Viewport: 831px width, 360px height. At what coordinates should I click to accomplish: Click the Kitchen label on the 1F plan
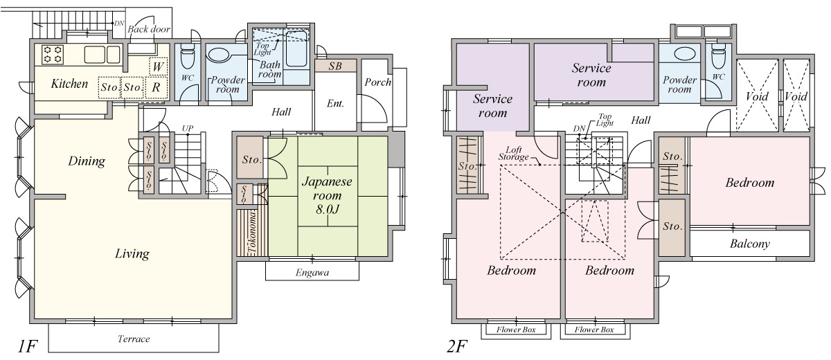pyautogui.click(x=70, y=84)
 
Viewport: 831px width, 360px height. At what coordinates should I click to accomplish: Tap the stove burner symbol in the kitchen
pyautogui.click(x=53, y=54)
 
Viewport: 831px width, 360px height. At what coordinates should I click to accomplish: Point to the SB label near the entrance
pyautogui.click(x=335, y=66)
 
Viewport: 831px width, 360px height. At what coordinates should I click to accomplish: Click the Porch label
pyautogui.click(x=377, y=82)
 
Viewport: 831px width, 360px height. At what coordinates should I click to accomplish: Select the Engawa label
pyautogui.click(x=312, y=273)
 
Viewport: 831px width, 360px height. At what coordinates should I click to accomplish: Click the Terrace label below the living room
pyautogui.click(x=134, y=339)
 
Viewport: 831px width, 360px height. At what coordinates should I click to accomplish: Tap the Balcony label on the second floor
pyautogui.click(x=750, y=244)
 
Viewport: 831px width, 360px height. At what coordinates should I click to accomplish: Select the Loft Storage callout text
pyautogui.click(x=514, y=153)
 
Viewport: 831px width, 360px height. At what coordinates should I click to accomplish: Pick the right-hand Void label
pyautogui.click(x=797, y=97)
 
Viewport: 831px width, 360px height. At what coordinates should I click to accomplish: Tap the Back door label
pyautogui.click(x=149, y=29)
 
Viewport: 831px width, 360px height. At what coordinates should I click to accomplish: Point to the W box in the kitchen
pyautogui.click(x=158, y=66)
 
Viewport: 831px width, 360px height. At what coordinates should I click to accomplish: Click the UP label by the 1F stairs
pyautogui.click(x=187, y=129)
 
